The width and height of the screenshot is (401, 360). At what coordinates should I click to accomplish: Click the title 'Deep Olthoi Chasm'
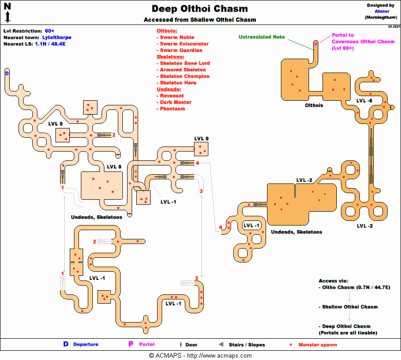(x=200, y=9)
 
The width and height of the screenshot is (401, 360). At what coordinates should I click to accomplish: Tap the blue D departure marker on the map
(x=7, y=73)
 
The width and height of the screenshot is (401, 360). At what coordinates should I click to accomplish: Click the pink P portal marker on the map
(x=316, y=43)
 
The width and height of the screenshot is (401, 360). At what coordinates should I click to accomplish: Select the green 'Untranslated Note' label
(x=261, y=37)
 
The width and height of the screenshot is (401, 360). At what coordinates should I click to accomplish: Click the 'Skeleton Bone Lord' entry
(x=184, y=63)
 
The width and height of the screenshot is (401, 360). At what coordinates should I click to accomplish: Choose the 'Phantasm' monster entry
(x=172, y=109)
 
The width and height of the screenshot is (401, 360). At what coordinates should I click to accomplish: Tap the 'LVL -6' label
(x=364, y=100)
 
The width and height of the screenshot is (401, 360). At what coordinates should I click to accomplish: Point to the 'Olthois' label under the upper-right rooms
(x=314, y=105)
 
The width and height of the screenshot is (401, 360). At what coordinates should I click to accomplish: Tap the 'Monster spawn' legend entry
(x=317, y=345)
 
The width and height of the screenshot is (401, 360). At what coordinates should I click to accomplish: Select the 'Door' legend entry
(x=191, y=345)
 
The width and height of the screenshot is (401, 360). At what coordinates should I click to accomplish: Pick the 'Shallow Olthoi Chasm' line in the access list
(x=348, y=307)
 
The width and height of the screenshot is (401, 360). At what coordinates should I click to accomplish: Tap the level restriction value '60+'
(x=49, y=31)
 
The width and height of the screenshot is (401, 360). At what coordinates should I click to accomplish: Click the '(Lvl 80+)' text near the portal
(x=342, y=48)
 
